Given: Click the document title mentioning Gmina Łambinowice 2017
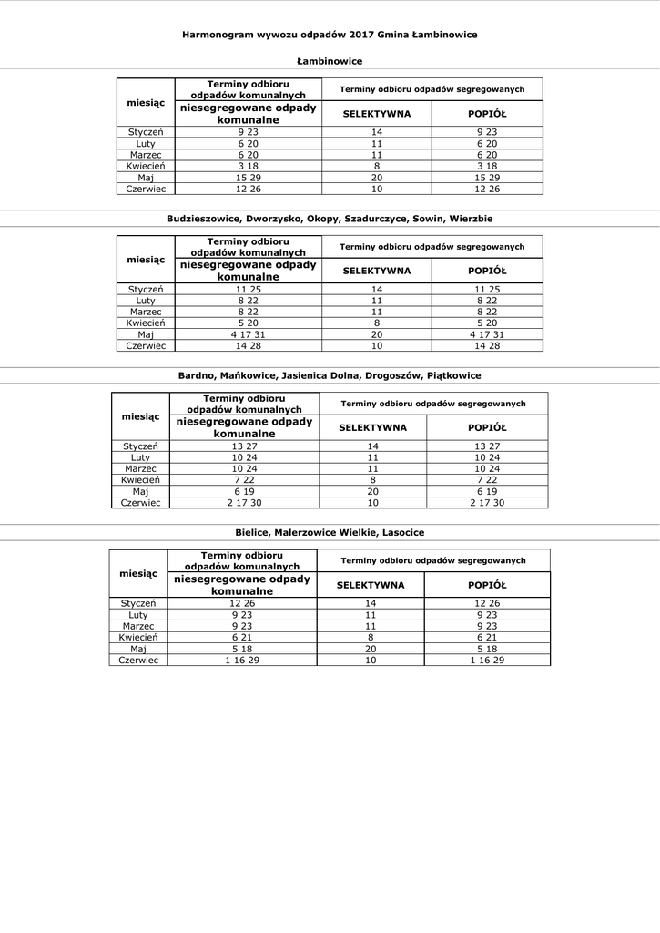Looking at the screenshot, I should pos(330,34).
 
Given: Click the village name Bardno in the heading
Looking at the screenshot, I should pos(194,375).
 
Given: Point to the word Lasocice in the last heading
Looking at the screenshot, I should pos(401,532).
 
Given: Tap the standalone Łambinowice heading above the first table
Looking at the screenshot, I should pos(330,61).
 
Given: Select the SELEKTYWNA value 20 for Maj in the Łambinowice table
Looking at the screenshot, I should pos(376,178).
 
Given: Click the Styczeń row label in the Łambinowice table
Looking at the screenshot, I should pos(145,132).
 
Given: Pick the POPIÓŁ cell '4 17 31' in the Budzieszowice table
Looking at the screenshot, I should pos(487,334).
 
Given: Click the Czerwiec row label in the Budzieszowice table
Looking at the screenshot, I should pos(145,345).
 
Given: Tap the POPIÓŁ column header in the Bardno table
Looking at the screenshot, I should pos(487,427).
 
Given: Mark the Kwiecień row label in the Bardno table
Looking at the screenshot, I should pos(141,480).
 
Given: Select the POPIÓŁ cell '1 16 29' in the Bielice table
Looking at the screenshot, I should pos(487,659).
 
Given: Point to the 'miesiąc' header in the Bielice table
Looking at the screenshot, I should pos(138,573).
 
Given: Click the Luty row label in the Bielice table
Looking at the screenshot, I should pos(138,615).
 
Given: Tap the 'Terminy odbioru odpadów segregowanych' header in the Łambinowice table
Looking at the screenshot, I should pos(432,89).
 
